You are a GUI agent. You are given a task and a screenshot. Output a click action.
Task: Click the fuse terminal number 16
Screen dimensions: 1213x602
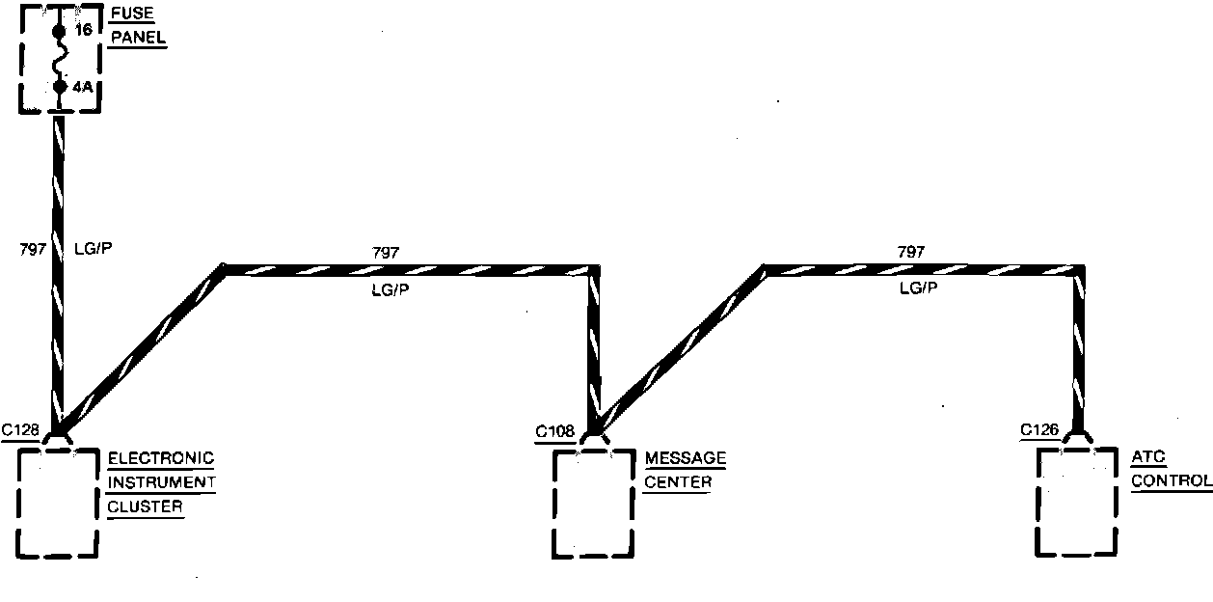[83, 31]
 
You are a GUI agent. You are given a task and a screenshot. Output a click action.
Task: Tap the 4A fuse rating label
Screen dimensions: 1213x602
[83, 87]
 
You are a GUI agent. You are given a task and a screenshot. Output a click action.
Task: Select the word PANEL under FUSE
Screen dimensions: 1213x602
[137, 38]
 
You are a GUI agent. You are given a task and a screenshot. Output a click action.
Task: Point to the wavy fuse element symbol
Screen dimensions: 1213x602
[60, 59]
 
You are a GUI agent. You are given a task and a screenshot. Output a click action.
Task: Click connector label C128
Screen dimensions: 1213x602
[20, 430]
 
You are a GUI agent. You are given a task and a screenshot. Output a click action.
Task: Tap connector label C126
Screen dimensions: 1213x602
[1039, 429]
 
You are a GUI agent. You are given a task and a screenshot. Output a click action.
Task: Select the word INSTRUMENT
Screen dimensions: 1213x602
[162, 481]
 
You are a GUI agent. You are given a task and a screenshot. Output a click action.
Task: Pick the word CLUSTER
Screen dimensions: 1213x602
[145, 506]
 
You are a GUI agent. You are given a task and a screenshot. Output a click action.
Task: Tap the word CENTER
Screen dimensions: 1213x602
[678, 481]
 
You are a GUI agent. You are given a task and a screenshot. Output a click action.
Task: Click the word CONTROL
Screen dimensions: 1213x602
[1172, 481]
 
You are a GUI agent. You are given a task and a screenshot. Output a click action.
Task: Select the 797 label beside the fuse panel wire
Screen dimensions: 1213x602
[32, 249]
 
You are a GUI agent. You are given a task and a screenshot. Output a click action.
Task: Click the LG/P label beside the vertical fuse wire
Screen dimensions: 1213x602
[93, 249]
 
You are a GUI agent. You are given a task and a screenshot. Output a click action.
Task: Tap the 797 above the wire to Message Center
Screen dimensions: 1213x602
[386, 253]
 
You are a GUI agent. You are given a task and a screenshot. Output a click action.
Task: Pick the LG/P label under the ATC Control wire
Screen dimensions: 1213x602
[917, 287]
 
